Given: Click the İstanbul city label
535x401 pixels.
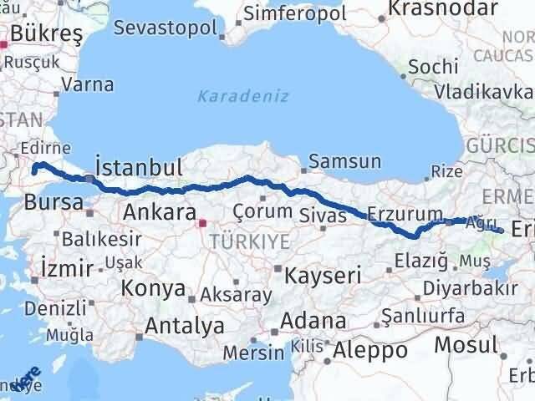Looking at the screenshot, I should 140,165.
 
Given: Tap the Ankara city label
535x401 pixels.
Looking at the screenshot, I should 159,211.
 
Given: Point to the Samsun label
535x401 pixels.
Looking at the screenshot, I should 345,161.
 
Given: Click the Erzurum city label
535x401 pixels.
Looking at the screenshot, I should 404,215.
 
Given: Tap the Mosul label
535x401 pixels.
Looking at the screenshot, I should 466,343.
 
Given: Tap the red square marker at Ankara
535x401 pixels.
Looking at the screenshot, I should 201,223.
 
